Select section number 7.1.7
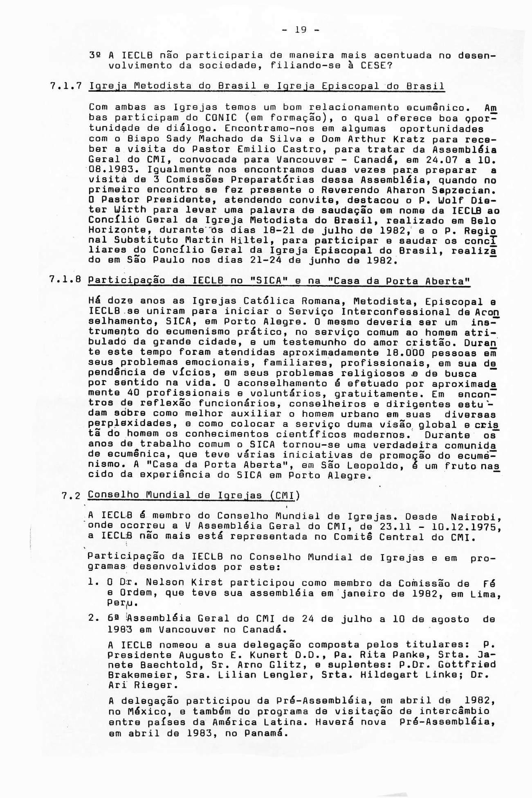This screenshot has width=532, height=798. [x=66, y=86]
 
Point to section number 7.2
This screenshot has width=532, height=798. [x=72, y=496]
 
